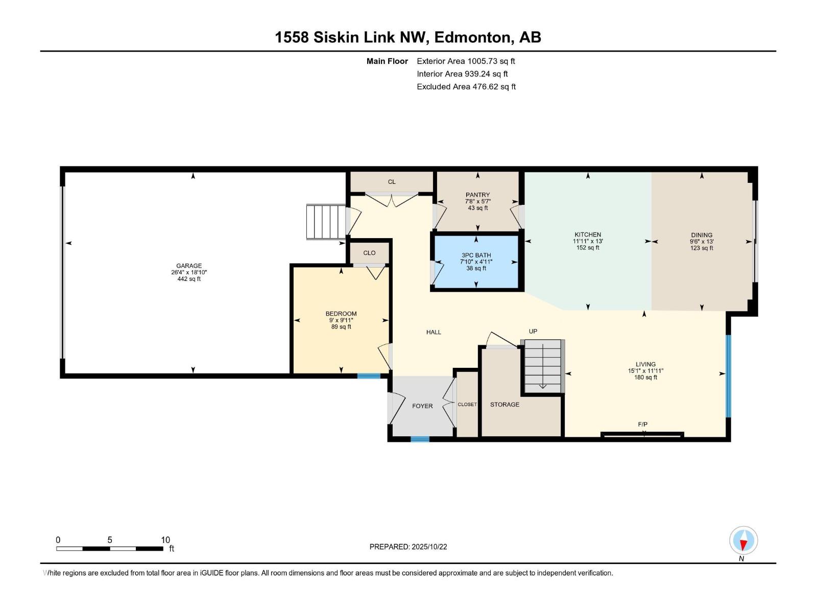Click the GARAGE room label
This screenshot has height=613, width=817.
189,266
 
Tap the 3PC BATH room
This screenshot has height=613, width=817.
476,262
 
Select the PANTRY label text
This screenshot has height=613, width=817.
477,195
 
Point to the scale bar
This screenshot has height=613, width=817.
110,549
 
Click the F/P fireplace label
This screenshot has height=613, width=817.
642,425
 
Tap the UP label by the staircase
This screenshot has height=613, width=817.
533,331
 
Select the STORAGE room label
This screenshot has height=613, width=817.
504,404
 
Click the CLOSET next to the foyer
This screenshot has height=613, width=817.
467,404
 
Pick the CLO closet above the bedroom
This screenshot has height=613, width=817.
369,253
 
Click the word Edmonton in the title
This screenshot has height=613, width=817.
473,37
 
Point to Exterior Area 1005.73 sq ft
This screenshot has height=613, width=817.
466,61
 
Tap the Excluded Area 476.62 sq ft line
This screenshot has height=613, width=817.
466,86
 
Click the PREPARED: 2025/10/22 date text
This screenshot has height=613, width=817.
408,547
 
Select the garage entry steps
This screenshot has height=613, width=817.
326,222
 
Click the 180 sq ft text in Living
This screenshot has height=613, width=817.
645,378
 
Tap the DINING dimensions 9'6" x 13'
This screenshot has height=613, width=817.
702,242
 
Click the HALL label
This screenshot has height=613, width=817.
434,332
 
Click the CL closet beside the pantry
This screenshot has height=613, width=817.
392,182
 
